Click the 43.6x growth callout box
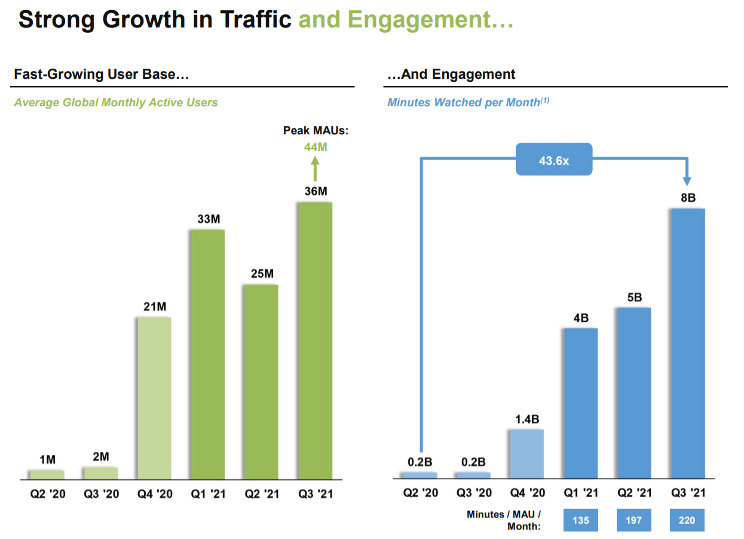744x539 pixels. click(554, 159)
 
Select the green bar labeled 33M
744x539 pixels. click(207, 355)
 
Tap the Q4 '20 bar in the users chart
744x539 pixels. click(154, 398)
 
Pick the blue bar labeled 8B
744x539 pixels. click(688, 344)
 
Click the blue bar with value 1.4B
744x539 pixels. click(526, 454)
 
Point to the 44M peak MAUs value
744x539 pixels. click(316, 146)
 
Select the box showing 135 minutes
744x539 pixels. click(580, 520)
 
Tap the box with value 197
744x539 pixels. click(634, 520)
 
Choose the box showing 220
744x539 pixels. click(687, 520)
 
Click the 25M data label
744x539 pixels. click(261, 274)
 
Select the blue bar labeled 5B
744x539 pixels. click(634, 393)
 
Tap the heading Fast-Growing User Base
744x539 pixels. click(102, 75)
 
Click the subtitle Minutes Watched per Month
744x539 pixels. click(464, 103)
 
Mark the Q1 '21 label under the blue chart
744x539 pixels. click(580, 494)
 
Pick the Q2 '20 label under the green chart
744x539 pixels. click(47, 494)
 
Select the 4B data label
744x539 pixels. click(580, 318)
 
